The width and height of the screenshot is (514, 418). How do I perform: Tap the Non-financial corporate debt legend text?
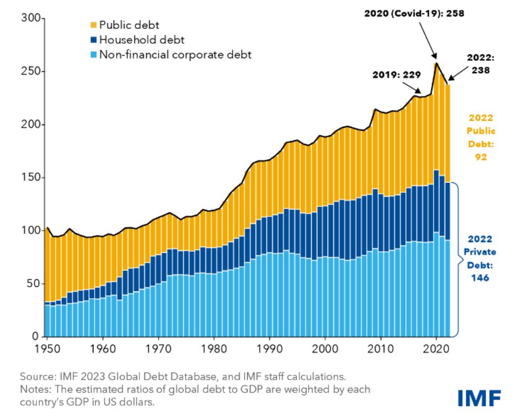point(175,54)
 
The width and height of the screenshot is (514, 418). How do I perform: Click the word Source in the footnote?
point(35,377)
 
